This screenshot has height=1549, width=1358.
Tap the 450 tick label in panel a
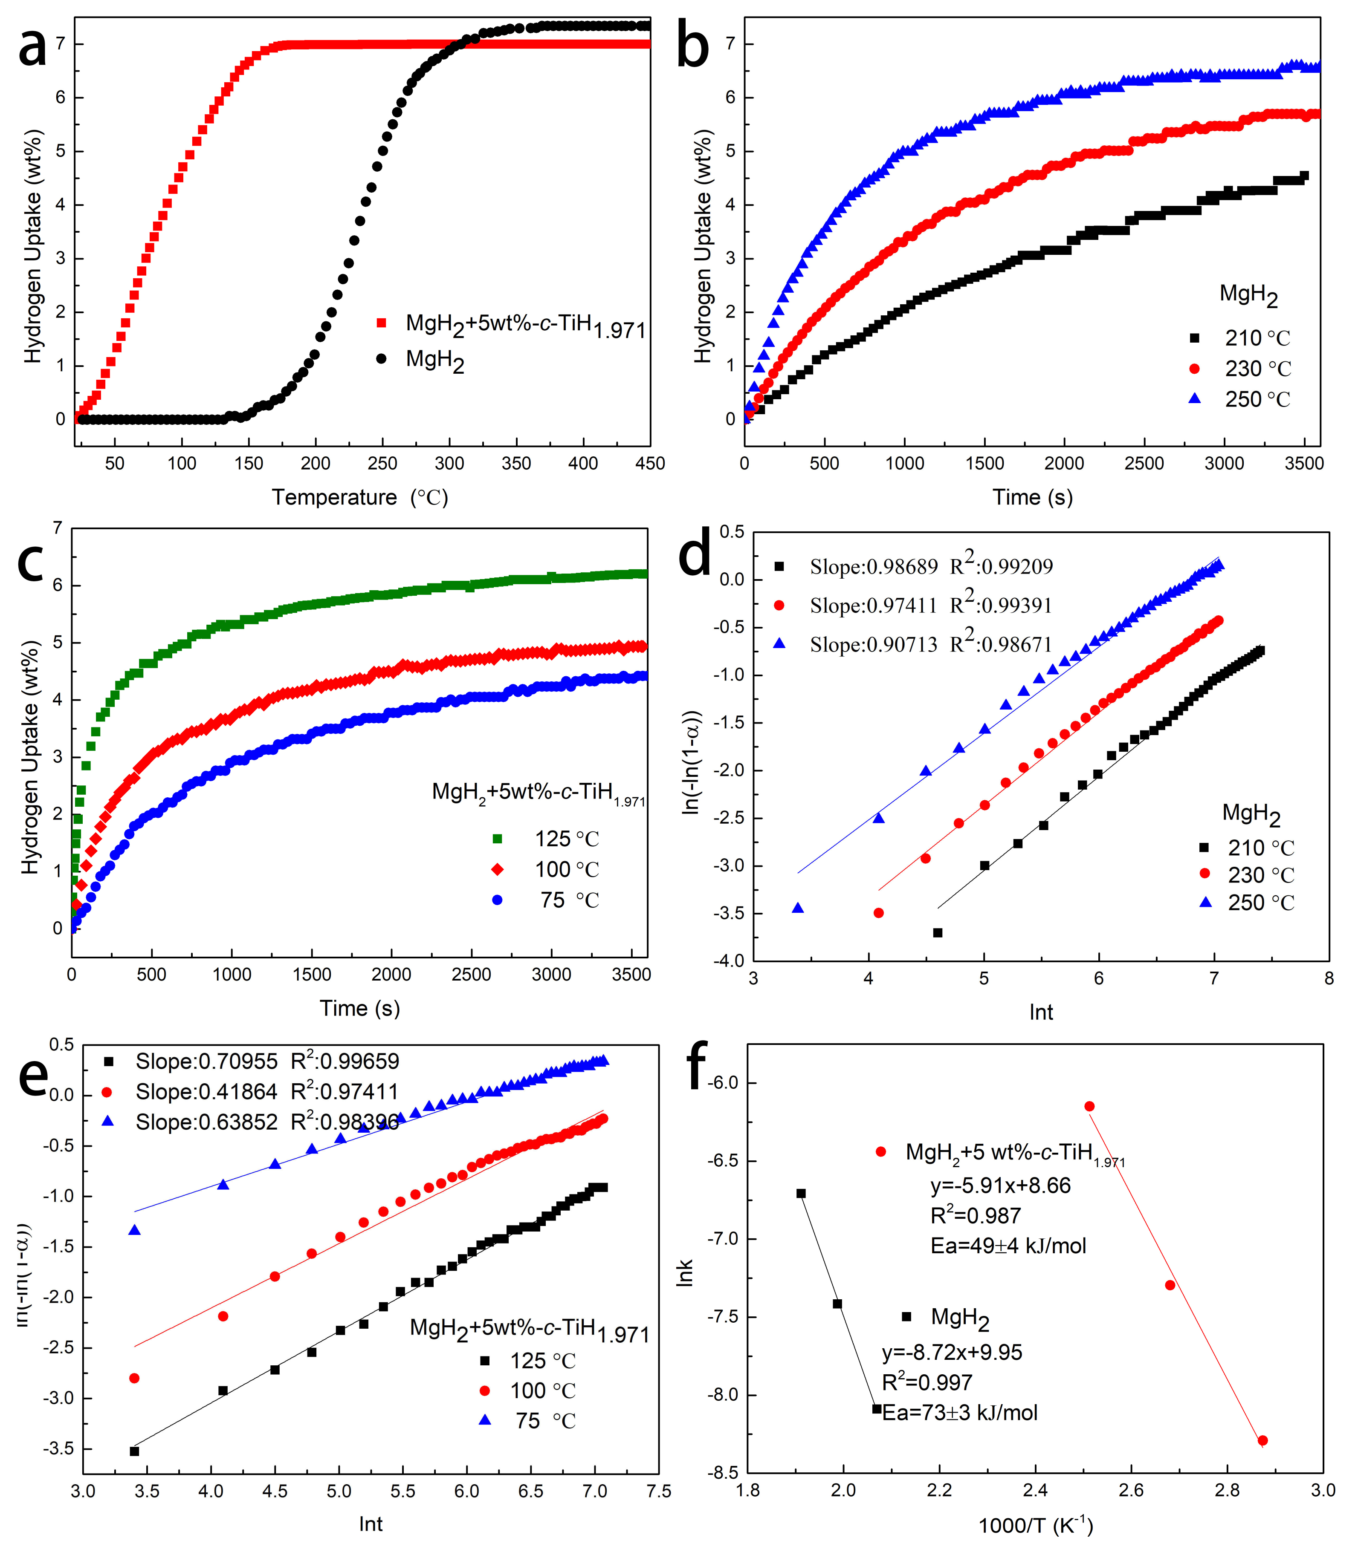649,464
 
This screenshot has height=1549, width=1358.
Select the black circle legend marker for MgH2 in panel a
381,358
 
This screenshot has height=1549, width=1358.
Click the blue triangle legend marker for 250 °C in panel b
1194,398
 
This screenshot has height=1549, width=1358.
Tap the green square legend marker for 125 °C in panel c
497,839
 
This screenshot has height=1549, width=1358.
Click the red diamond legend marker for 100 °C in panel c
497,869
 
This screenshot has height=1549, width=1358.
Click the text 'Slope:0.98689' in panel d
873,567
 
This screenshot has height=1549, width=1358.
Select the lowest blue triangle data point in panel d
797,907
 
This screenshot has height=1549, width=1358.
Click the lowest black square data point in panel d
938,932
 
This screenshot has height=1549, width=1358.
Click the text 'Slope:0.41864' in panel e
206,1091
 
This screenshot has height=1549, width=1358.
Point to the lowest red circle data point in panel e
134,1378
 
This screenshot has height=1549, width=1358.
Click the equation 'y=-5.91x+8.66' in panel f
1000,1186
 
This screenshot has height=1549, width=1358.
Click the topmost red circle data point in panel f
1089,1107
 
